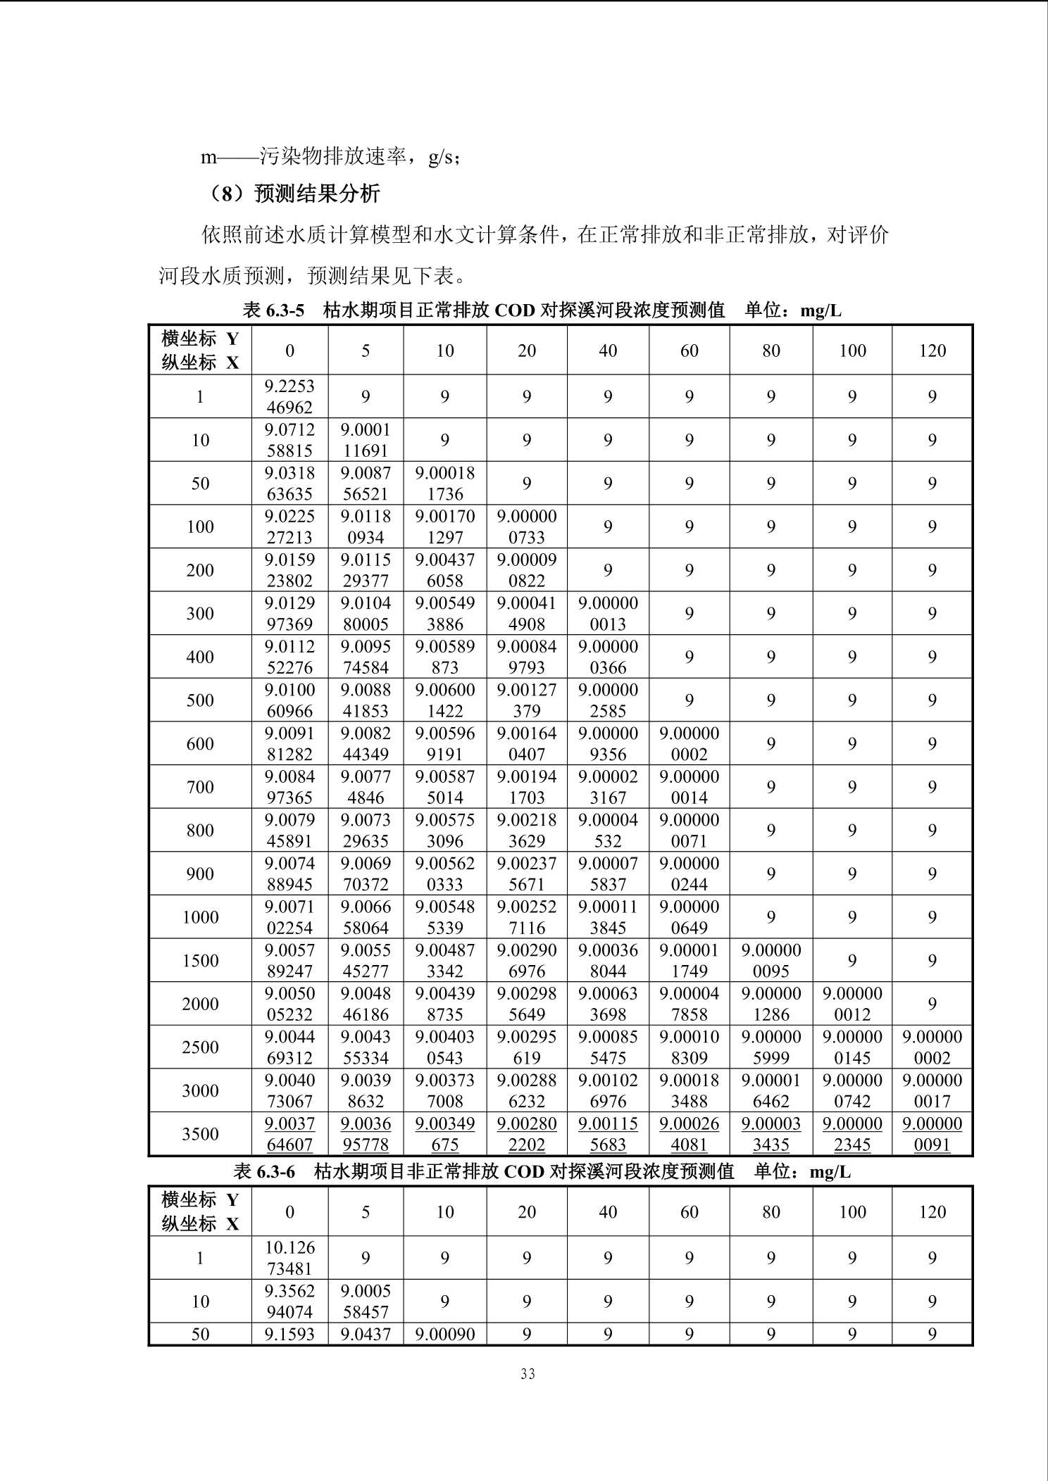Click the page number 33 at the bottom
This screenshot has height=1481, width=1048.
528,1373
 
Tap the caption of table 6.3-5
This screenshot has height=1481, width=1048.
542,310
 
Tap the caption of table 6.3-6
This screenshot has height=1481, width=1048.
542,1171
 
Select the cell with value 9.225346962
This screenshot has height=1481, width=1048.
289,396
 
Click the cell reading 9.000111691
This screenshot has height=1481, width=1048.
366,440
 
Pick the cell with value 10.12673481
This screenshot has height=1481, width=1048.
289,1258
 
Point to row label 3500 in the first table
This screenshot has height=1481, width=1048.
200,1134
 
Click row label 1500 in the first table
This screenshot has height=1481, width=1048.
200,961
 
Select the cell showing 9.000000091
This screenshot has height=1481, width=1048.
932,1134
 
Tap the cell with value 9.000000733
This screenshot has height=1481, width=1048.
527,527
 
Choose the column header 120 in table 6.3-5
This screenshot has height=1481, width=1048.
932,351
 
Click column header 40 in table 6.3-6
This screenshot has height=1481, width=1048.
608,1211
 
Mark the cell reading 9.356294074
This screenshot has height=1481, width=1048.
289,1302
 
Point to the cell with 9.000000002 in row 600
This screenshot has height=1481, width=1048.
689,744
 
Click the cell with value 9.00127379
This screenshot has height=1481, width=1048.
527,700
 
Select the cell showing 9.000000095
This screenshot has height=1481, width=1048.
771,961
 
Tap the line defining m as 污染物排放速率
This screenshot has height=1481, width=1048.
331,157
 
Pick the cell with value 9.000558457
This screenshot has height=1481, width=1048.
366,1302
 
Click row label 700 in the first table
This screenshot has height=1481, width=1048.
200,787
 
